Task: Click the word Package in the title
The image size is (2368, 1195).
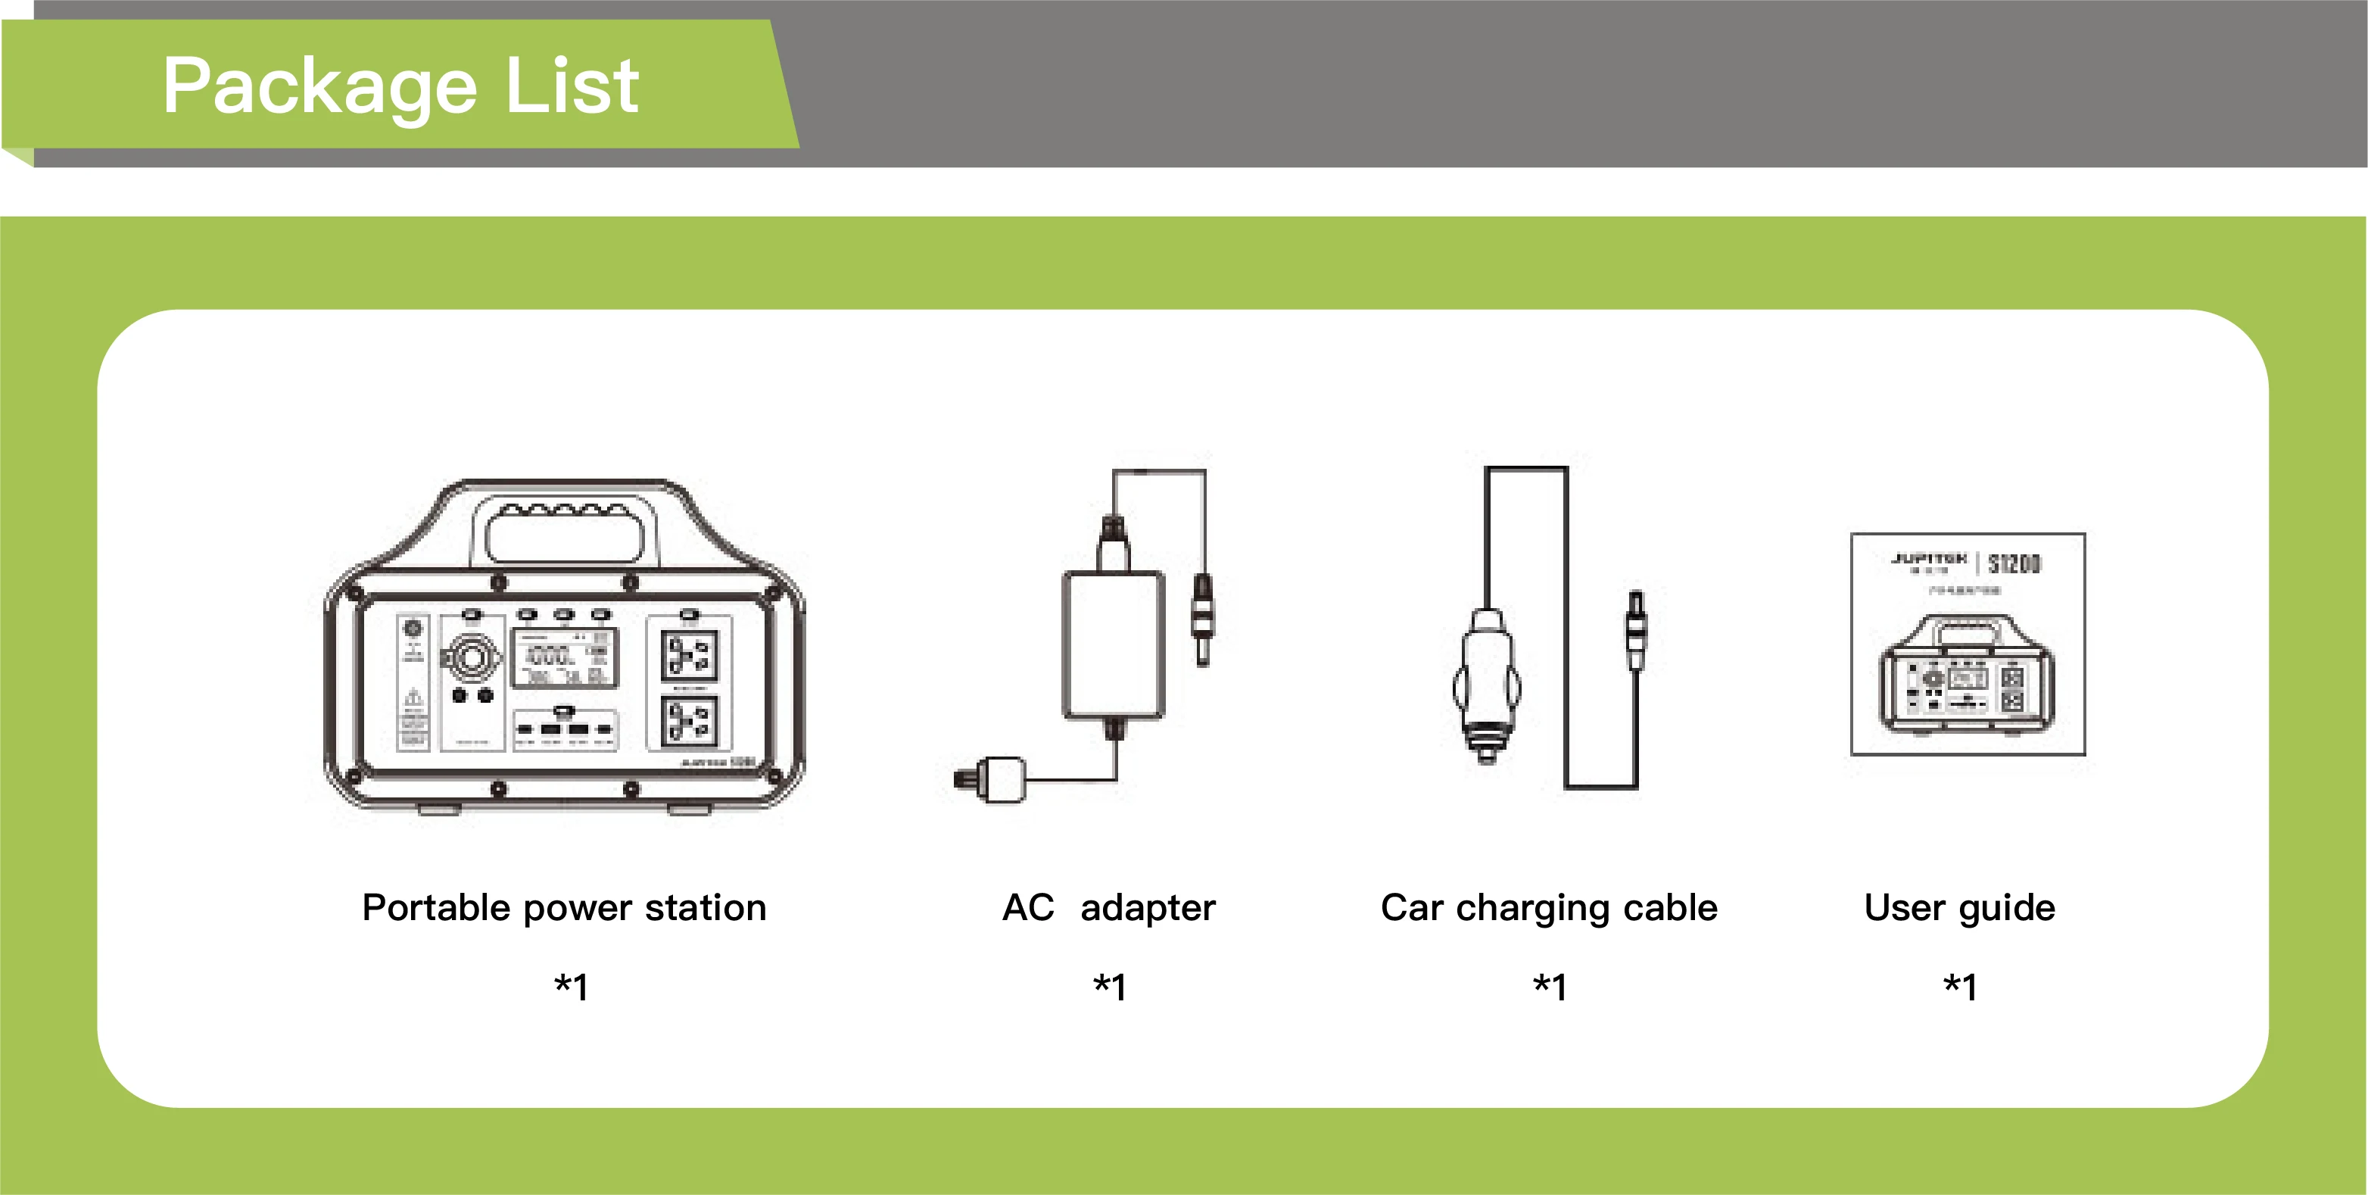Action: (319, 87)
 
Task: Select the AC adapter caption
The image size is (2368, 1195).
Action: (1108, 907)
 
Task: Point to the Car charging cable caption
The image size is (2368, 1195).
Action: (1549, 907)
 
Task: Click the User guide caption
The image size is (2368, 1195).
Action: (1959, 907)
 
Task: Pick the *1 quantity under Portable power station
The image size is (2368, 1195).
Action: (571, 986)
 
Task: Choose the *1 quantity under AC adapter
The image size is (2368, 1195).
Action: (1110, 986)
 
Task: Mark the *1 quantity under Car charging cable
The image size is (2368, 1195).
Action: (1550, 986)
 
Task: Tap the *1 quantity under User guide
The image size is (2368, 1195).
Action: (1960, 986)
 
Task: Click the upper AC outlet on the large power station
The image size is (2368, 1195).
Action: (689, 655)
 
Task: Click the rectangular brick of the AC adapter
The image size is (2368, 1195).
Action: (1113, 644)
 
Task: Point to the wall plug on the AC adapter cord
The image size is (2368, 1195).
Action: (992, 779)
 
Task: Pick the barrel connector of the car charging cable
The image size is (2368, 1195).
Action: (1635, 629)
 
